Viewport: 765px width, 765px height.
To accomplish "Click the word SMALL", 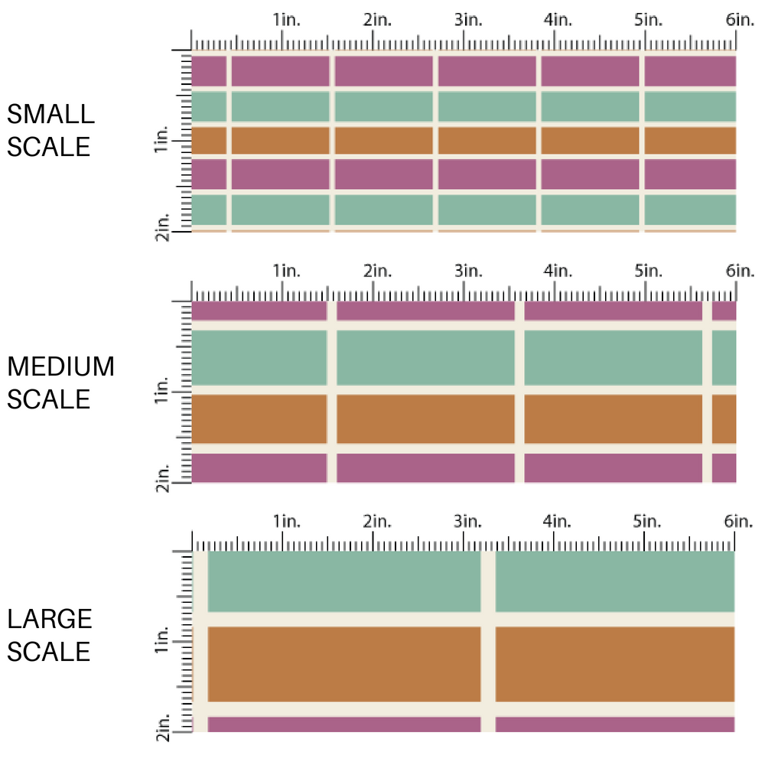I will (50, 115).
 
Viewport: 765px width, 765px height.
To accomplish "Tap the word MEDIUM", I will (61, 367).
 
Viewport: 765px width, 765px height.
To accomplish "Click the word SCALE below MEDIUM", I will (49, 399).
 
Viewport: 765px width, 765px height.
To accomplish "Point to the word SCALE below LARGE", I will (49, 652).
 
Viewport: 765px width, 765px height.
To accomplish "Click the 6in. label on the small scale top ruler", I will (740, 20).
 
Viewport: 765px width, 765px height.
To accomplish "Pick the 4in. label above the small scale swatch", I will (558, 20).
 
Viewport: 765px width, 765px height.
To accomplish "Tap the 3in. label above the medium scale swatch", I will (467, 271).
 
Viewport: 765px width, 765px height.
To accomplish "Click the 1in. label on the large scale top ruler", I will (287, 522).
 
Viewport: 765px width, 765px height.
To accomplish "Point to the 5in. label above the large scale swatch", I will (647, 522).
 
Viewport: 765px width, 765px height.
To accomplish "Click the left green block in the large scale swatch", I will (343, 581).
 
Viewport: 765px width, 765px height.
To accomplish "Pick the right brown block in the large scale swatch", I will (614, 663).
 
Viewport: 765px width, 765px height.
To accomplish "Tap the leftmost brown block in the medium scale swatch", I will (259, 419).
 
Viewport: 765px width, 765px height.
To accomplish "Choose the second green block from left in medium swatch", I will (425, 357).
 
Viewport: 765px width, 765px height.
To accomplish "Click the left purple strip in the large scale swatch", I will (343, 724).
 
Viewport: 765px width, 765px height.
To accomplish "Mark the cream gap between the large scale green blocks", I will (488, 581).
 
